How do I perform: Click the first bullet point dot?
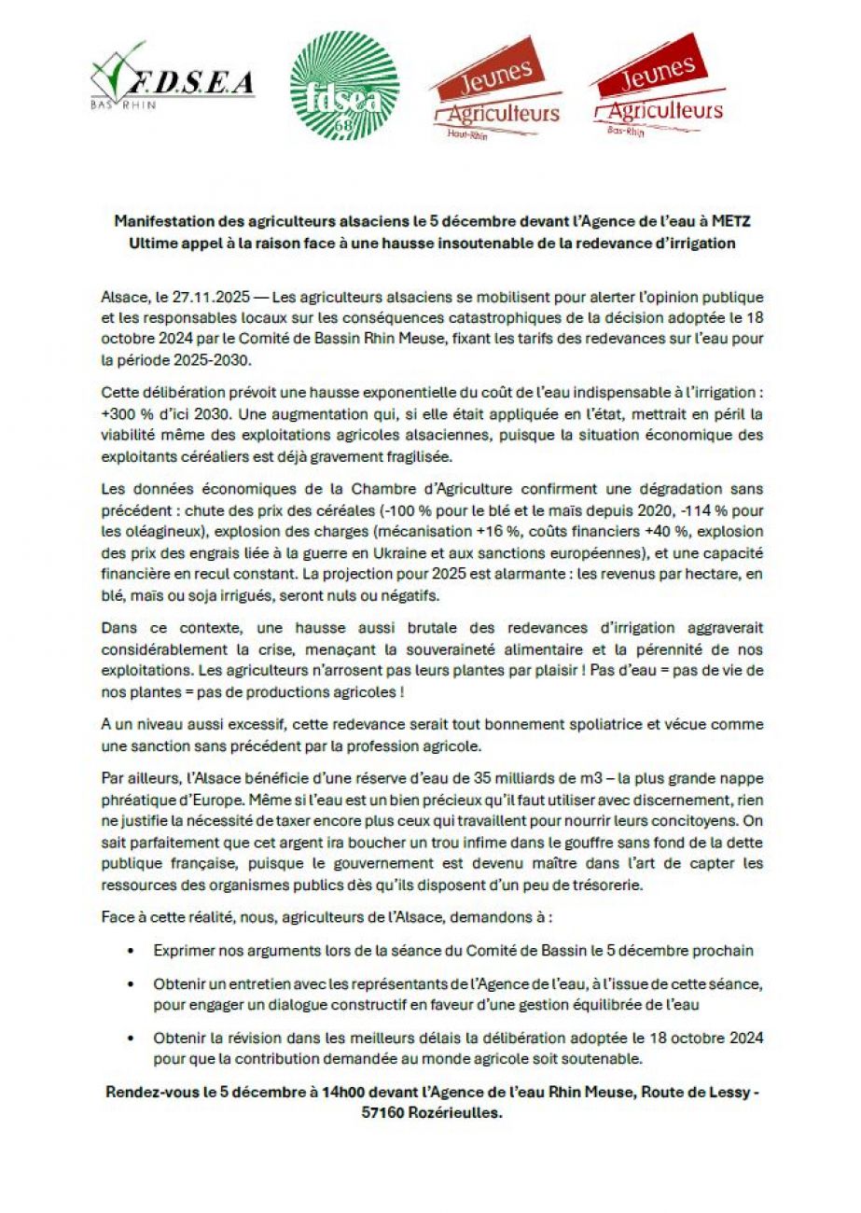[x=131, y=951]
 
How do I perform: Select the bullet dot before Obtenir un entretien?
[x=131, y=985]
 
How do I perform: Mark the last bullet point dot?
[x=131, y=1038]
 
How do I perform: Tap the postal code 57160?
[x=383, y=1112]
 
